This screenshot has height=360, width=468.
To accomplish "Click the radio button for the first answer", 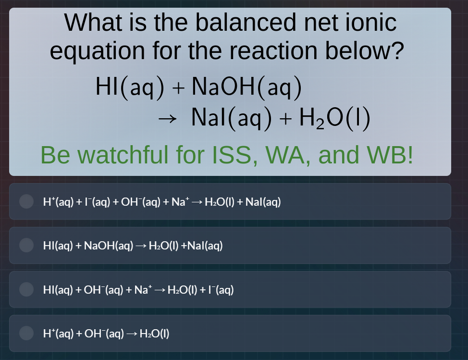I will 26,201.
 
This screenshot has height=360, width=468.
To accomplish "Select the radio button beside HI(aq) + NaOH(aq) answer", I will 26,246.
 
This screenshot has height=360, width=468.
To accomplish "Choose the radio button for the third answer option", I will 26,289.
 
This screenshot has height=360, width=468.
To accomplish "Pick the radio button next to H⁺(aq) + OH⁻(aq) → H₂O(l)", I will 26,333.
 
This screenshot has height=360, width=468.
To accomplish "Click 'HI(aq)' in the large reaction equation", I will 130,87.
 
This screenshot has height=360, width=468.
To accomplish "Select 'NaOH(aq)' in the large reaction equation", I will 246,87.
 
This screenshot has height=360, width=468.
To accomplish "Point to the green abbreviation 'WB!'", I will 390,155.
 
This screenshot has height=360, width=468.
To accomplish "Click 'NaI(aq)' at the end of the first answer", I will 263,202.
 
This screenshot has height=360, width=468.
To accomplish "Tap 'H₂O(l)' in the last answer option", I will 154,334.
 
